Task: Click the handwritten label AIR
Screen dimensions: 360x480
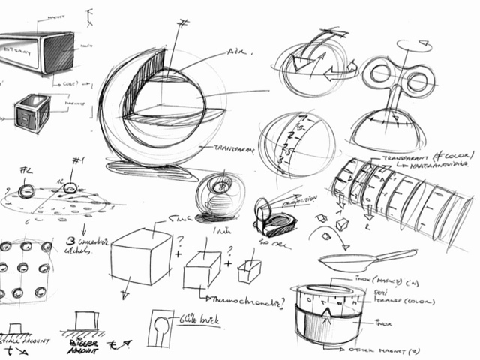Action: pyautogui.click(x=238, y=54)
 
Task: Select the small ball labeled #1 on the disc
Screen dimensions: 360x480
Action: pyautogui.click(x=70, y=188)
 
